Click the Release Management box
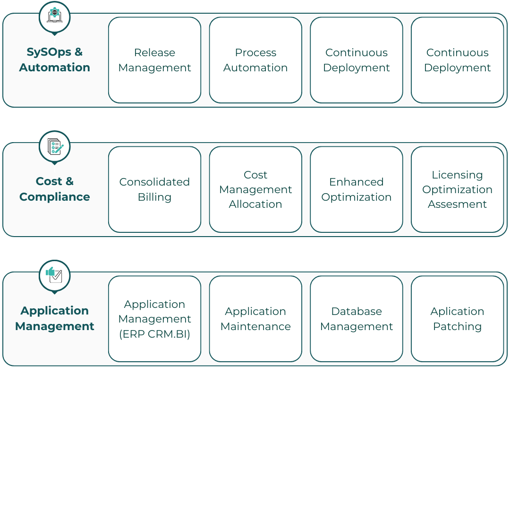[x=154, y=60]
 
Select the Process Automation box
[x=255, y=60]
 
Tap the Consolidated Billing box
[x=154, y=189]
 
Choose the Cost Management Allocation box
[x=255, y=189]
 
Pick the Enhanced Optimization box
[x=357, y=189]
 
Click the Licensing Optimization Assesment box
[x=457, y=189]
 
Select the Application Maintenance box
[x=255, y=319]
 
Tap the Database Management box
[x=357, y=319]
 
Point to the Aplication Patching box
[x=457, y=319]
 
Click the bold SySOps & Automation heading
[x=55, y=59]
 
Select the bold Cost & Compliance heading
[x=55, y=189]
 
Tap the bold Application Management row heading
[x=55, y=318]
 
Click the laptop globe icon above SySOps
[x=55, y=16]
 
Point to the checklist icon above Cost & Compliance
[x=55, y=146]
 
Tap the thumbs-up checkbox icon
[x=54, y=275]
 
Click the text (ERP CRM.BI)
[x=154, y=334]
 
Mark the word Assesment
[x=457, y=204]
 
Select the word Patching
[x=457, y=326]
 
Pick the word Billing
[x=154, y=197]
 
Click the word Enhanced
[x=357, y=182]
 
